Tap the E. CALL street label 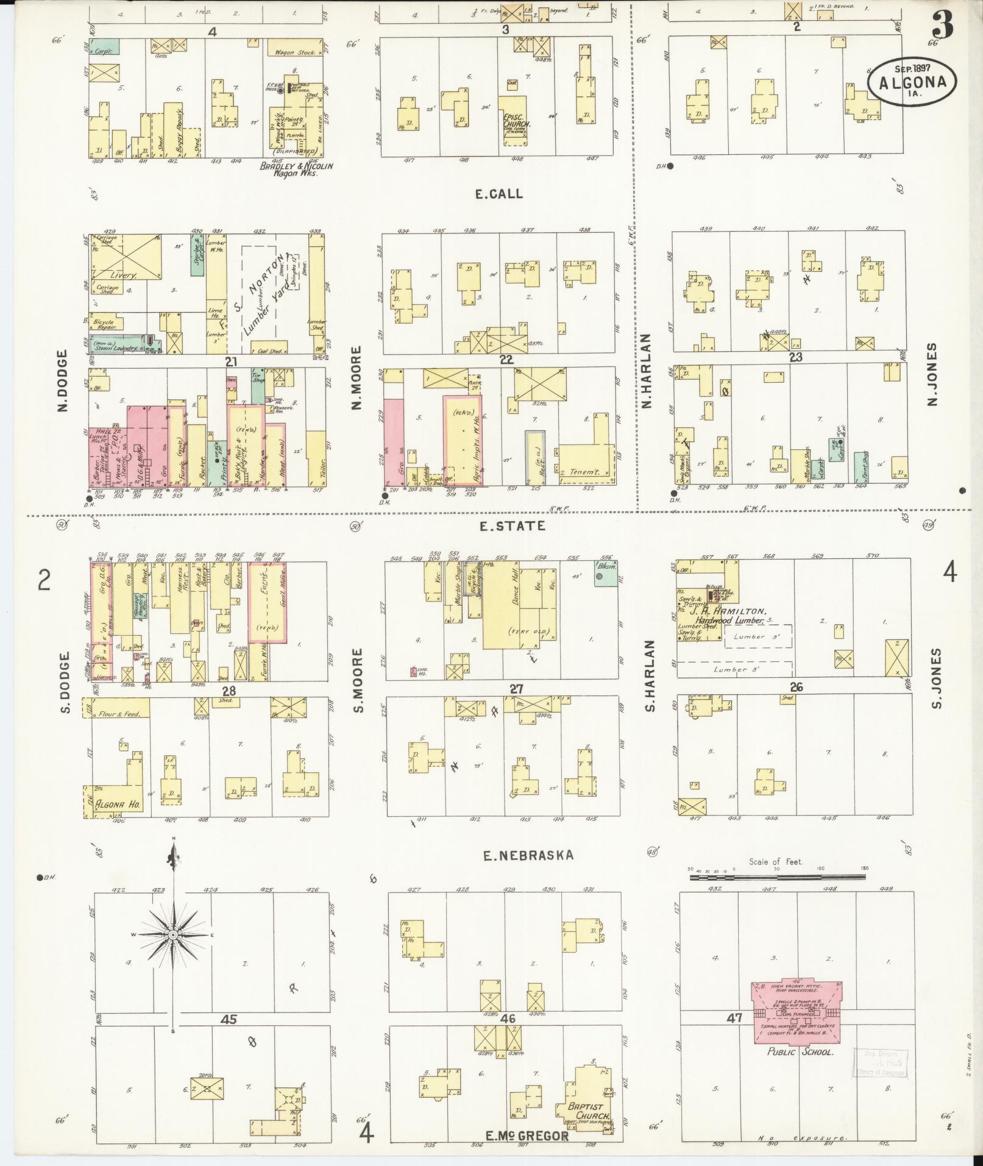click(499, 194)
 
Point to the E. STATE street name click(503, 525)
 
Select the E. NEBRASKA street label click(528, 856)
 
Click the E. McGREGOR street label click(527, 1136)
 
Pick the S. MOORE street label click(358, 680)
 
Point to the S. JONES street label click(936, 678)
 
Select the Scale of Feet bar click(777, 878)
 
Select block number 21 click(230, 362)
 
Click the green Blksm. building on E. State click(604, 574)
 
